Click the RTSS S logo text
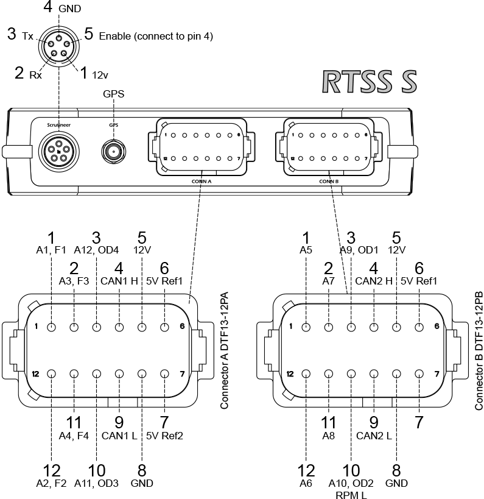coord(370,82)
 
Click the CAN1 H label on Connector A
coord(119,281)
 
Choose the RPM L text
coord(351,495)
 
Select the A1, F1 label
coord(51,249)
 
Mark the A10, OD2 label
coord(351,483)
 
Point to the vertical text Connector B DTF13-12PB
coord(478,350)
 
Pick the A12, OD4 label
coord(96,249)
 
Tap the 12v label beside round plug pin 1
coord(100,75)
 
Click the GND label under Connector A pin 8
coord(142,483)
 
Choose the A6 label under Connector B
coord(306,483)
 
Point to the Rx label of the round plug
coord(35,76)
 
